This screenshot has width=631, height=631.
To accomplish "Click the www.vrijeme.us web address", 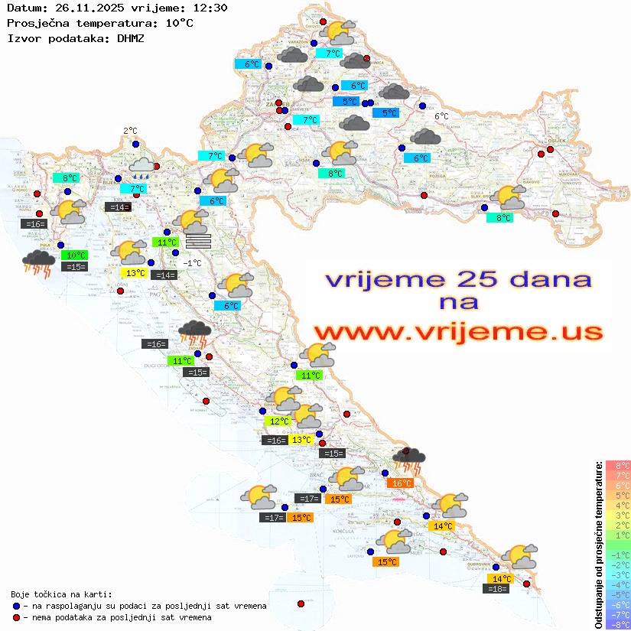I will click(458, 332).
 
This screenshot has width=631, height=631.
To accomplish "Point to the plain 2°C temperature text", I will click(130, 131).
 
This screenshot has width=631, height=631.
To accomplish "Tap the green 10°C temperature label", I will click(76, 255).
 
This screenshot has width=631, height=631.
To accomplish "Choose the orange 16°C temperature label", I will click(402, 483).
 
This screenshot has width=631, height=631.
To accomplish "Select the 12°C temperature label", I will click(278, 421).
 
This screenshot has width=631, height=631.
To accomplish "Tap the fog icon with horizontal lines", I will click(197, 242).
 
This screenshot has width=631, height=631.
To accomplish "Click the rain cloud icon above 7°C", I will click(141, 166).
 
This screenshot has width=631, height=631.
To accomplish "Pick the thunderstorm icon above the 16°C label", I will click(408, 460).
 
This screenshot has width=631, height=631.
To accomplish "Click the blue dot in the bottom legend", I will click(16, 606).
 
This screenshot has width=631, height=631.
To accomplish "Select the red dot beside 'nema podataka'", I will click(16, 617).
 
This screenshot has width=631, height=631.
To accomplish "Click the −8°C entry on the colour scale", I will click(617, 624).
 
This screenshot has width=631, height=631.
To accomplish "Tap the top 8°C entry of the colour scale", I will click(617, 466).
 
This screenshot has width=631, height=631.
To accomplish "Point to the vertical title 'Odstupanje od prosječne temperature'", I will click(599, 545).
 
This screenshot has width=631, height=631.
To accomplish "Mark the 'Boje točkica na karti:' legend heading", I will click(61, 594).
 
